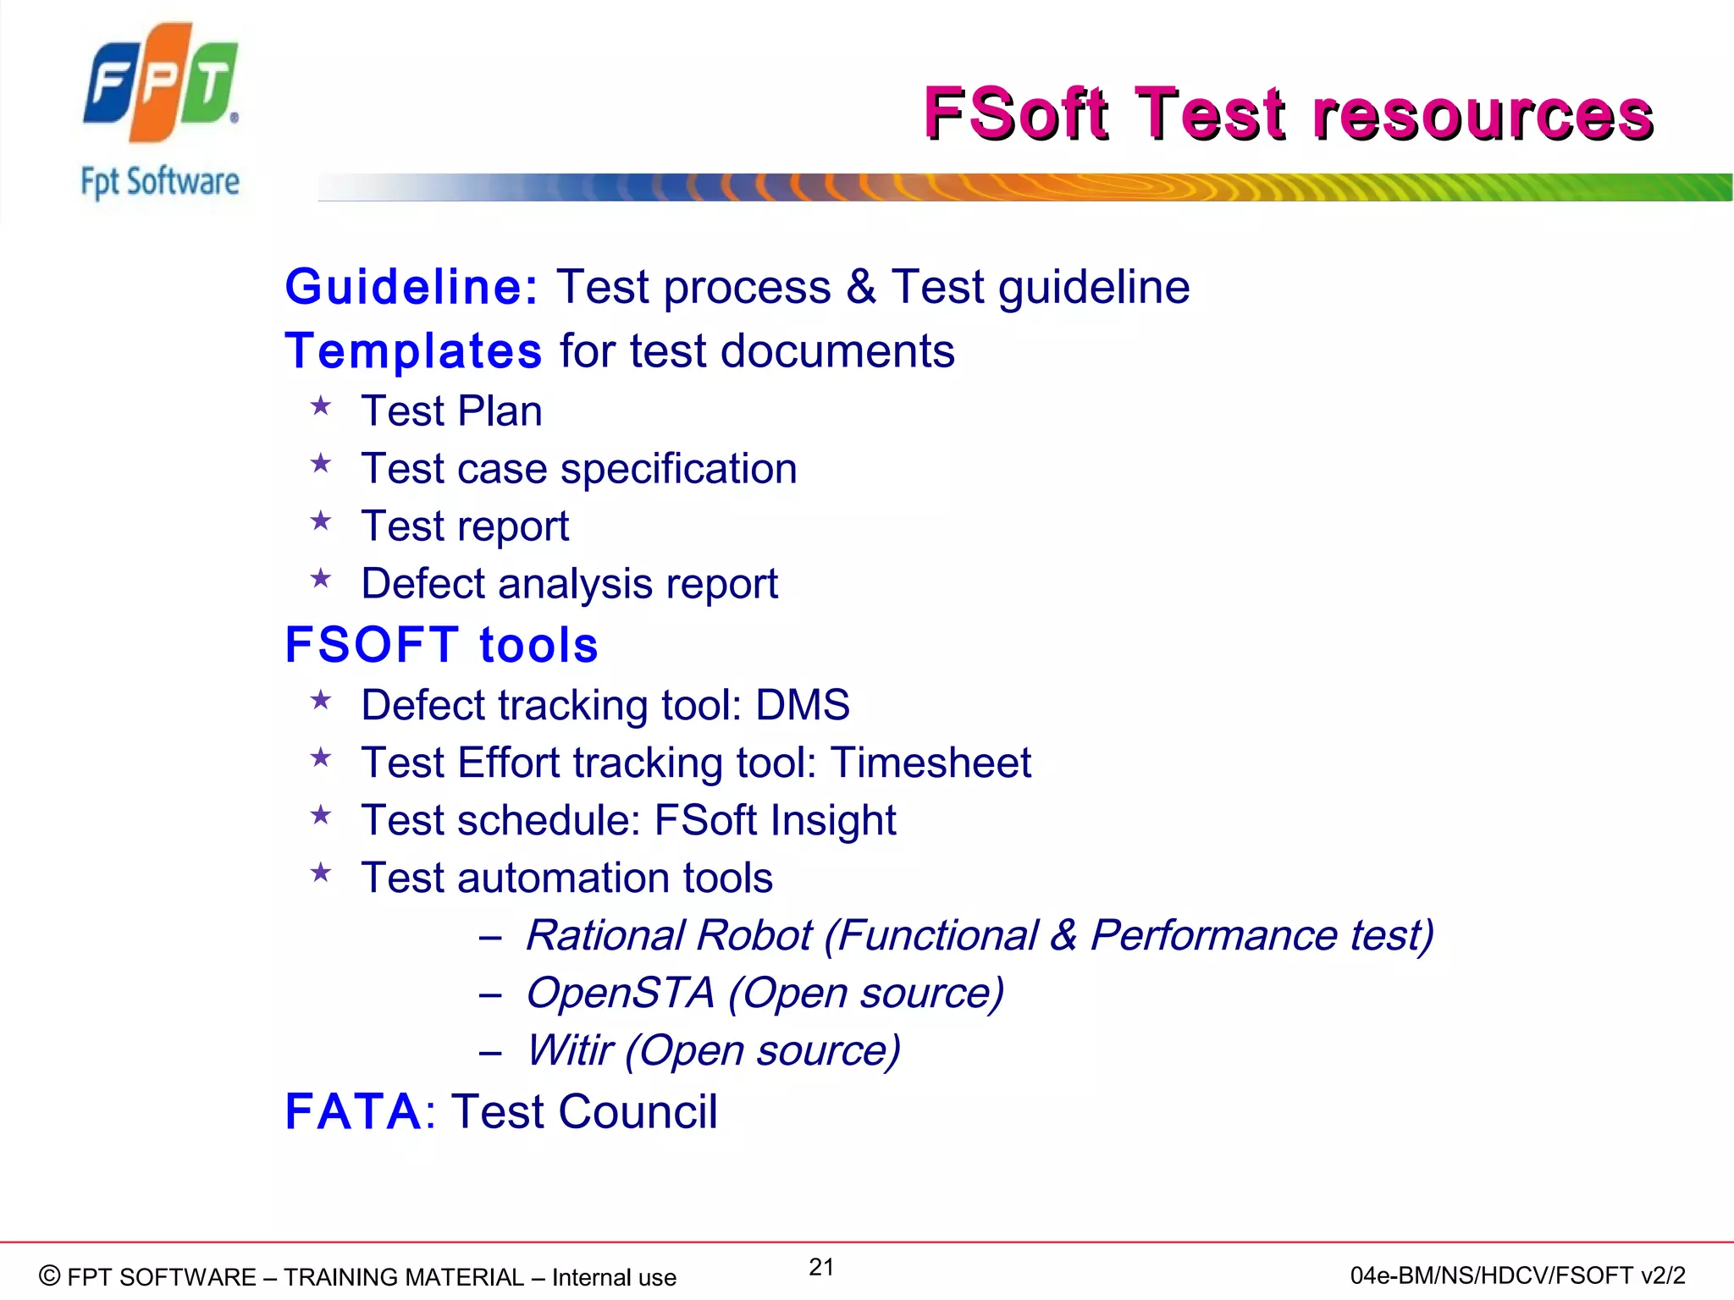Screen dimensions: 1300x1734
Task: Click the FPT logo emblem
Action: click(x=161, y=83)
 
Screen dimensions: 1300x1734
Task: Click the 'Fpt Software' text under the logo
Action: click(x=160, y=182)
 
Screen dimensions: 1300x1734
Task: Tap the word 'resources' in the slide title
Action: click(x=1482, y=114)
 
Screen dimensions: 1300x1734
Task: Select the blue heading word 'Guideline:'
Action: click(x=411, y=287)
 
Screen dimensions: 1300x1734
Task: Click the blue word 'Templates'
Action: click(x=413, y=351)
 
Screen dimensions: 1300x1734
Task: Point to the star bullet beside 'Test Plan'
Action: click(x=321, y=407)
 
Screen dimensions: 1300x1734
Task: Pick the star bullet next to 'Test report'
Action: click(x=321, y=521)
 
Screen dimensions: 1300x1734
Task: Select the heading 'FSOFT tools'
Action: click(x=441, y=645)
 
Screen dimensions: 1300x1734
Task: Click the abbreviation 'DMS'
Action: click(x=802, y=705)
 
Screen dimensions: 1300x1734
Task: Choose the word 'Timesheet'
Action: click(x=931, y=763)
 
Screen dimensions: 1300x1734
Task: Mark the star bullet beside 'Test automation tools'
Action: click(x=321, y=873)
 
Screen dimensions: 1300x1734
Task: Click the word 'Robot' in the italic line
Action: click(x=753, y=935)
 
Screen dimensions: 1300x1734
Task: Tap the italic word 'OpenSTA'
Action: click(x=621, y=993)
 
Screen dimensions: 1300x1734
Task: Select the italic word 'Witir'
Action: click(x=569, y=1050)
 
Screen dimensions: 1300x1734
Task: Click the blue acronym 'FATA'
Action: click(x=353, y=1111)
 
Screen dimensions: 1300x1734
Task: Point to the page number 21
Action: click(x=821, y=1267)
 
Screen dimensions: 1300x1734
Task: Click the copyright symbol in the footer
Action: click(x=50, y=1275)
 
